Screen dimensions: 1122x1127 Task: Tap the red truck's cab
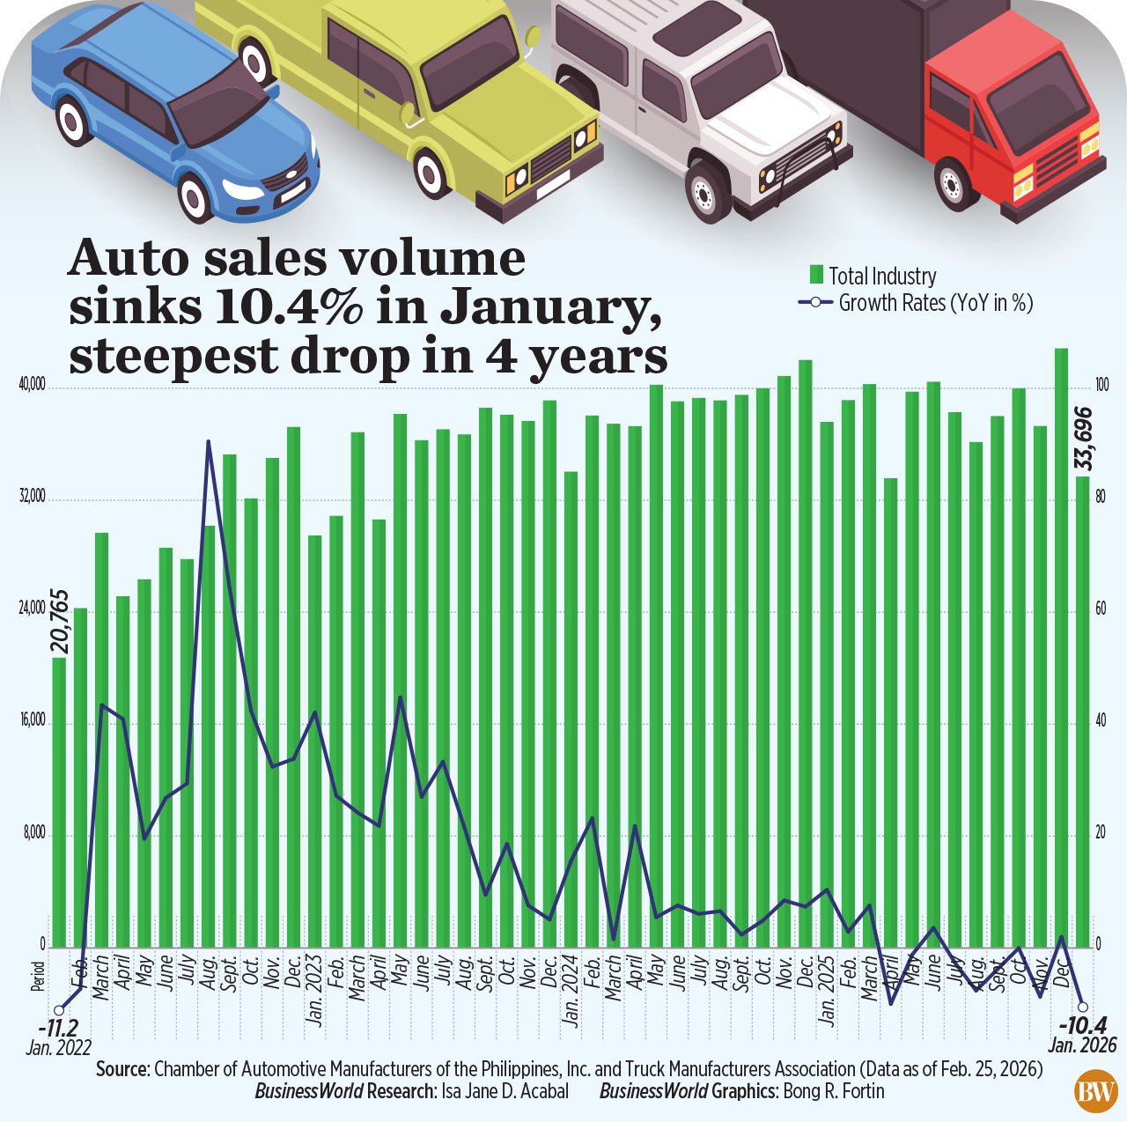pyautogui.click(x=1013, y=123)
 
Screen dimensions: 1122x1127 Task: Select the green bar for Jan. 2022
pyautogui.click(x=59, y=801)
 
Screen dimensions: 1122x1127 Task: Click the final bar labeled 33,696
pyautogui.click(x=1082, y=705)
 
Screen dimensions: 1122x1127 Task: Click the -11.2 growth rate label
pyautogui.click(x=58, y=1028)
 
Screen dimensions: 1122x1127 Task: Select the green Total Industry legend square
pyautogui.click(x=816, y=276)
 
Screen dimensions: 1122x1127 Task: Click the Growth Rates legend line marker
pyautogui.click(x=816, y=303)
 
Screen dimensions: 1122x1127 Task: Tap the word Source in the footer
pyautogui.click(x=122, y=1069)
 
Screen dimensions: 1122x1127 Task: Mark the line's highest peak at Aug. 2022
pyautogui.click(x=209, y=441)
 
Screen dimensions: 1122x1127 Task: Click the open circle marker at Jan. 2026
pyautogui.click(x=1083, y=1007)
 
